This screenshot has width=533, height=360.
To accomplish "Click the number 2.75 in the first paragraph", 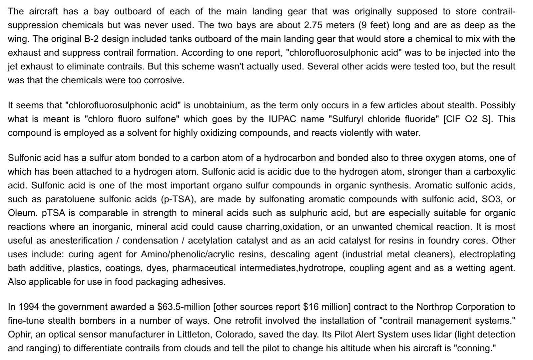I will (x=313, y=25).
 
